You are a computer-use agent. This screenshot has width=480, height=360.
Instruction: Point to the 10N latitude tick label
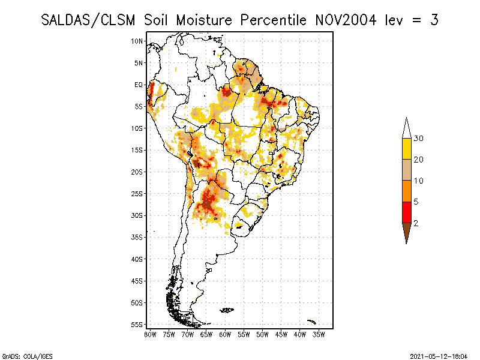coord(137,41)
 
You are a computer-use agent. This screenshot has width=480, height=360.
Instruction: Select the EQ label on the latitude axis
coord(139,85)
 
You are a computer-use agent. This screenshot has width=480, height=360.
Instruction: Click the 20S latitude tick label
coord(137,172)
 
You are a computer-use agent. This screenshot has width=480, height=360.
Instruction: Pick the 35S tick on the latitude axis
coord(137,237)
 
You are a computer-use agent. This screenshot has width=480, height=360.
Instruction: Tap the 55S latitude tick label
coord(137,325)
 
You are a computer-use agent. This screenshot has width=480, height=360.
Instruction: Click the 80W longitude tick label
coord(150,335)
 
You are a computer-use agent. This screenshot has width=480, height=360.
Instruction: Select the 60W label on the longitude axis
coord(226,335)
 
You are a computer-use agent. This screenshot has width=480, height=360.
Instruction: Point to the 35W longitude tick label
coord(320,335)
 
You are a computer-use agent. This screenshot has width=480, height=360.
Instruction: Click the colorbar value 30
coord(419,139)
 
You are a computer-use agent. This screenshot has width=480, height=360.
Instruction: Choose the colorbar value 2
coord(416,223)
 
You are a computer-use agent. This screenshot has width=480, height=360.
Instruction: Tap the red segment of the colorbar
coord(406,212)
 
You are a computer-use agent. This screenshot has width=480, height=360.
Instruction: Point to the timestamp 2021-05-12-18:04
coord(439,355)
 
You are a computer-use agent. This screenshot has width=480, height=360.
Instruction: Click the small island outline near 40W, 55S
coord(311,322)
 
